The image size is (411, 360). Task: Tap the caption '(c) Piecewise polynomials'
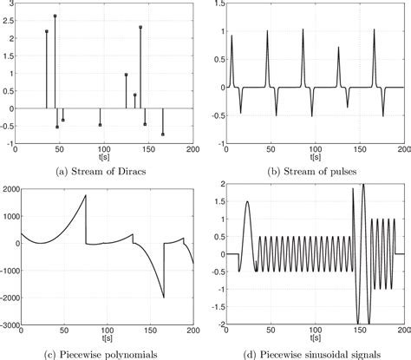click(103, 350)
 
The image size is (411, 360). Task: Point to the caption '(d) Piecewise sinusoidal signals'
click(310, 350)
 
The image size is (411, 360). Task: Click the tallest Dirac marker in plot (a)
click(55, 16)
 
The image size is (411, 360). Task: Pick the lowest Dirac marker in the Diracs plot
click(162, 134)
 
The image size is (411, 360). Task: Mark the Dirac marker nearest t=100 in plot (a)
click(100, 125)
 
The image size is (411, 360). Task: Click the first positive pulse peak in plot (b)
click(232, 36)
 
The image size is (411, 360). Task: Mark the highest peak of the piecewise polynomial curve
click(85, 195)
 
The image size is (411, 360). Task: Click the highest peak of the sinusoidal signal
click(362, 185)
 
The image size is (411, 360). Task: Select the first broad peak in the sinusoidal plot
click(247, 202)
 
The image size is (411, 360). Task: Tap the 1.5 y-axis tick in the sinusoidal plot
click(218, 202)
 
